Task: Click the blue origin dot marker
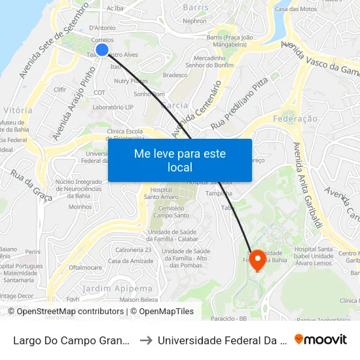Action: [102, 50]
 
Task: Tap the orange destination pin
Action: [257, 259]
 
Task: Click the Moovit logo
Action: [320, 340]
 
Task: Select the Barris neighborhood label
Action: [196, 7]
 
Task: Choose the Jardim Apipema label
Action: [117, 288]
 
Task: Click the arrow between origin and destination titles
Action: [146, 340]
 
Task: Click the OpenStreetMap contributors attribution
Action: [70, 312]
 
